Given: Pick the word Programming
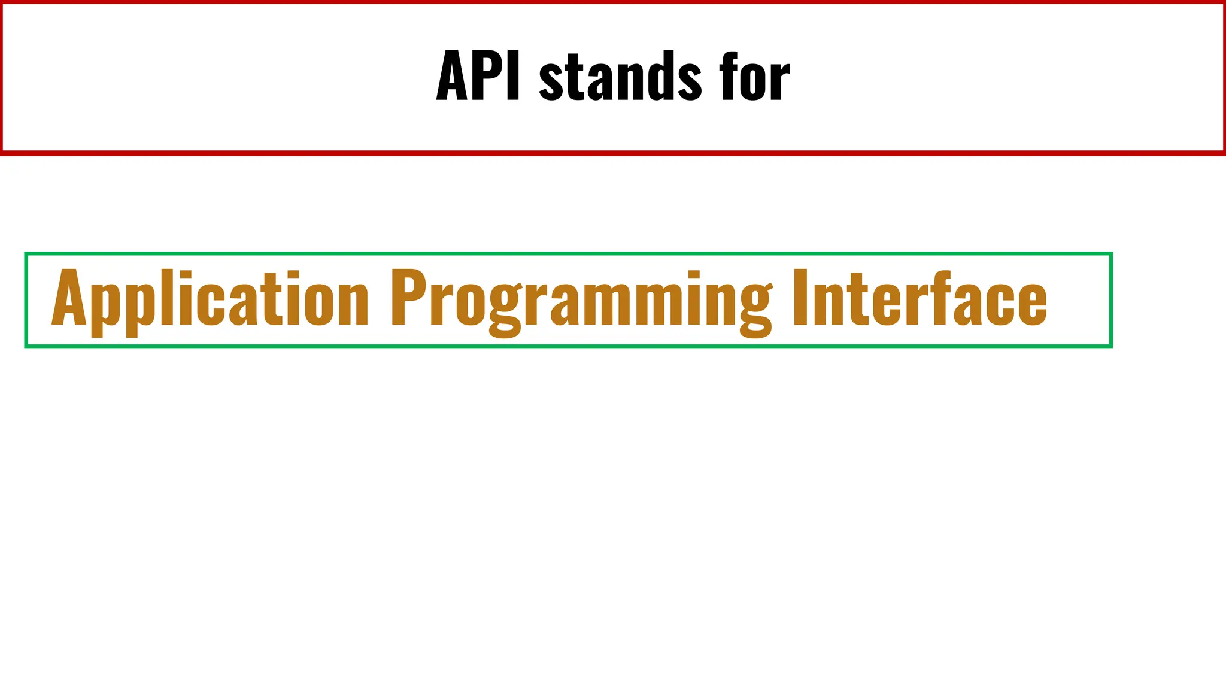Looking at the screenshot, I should coord(581,299).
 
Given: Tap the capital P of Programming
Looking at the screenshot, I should coord(409,298).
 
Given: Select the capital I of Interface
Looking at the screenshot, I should coord(800,298).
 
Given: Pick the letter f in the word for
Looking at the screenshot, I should coord(730,76).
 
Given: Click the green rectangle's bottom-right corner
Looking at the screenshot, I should coord(1111,346).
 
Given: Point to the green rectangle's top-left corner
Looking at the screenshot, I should coord(26,254).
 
